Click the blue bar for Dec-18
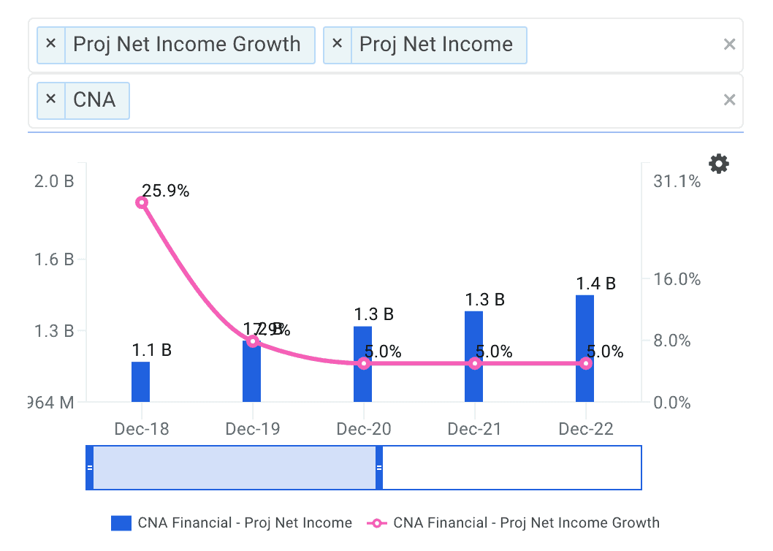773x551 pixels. (x=140, y=381)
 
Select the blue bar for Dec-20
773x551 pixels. (x=363, y=364)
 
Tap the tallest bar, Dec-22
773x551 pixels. (x=584, y=348)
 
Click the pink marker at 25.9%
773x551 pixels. (x=142, y=202)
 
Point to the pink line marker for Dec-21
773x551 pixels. (x=475, y=363)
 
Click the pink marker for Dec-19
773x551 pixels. (x=253, y=341)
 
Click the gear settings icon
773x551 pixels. (x=719, y=164)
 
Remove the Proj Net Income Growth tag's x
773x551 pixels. (x=50, y=43)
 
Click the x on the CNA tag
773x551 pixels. (x=50, y=98)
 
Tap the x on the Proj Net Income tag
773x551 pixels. (x=337, y=43)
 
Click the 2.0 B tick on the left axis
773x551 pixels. (x=54, y=181)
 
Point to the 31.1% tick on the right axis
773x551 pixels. (x=677, y=181)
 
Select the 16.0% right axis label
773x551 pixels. (x=677, y=279)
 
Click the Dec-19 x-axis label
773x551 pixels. (x=253, y=429)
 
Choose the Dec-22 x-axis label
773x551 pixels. (x=586, y=429)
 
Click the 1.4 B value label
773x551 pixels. (x=595, y=284)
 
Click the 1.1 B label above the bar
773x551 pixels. (x=151, y=350)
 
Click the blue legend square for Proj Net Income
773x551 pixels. (x=121, y=523)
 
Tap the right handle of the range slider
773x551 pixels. (x=378, y=467)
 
